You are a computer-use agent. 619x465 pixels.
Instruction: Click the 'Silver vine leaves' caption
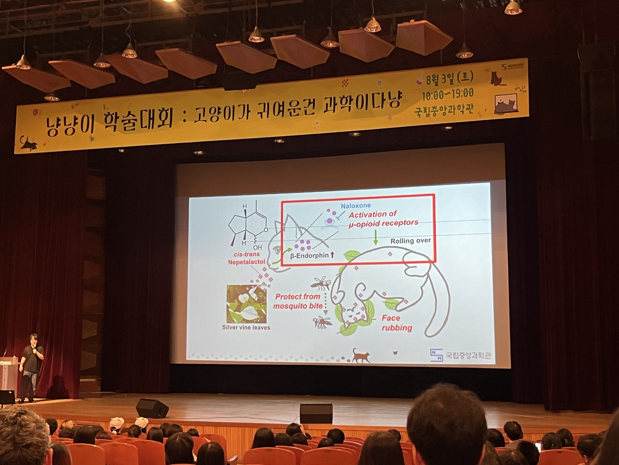[x=246, y=327]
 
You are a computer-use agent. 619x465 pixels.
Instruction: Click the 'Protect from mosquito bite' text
[x=298, y=301]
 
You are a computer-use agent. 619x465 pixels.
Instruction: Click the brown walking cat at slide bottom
[x=361, y=356]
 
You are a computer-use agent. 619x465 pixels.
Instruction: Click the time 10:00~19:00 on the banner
[x=448, y=94]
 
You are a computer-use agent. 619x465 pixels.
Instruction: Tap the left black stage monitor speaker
[x=152, y=408]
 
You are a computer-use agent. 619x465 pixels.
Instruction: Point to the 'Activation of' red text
[x=372, y=215]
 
